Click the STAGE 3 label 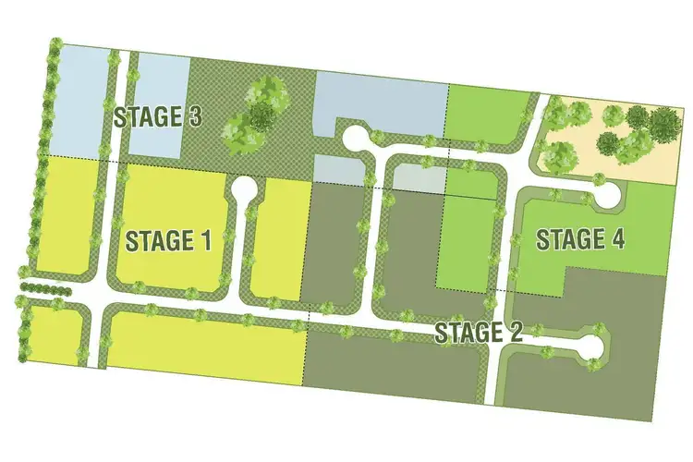click(158, 117)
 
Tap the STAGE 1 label click(169, 241)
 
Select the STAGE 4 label click(580, 239)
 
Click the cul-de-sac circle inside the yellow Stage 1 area click(245, 188)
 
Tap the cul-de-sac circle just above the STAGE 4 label click(607, 197)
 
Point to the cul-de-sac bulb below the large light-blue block click(354, 139)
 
